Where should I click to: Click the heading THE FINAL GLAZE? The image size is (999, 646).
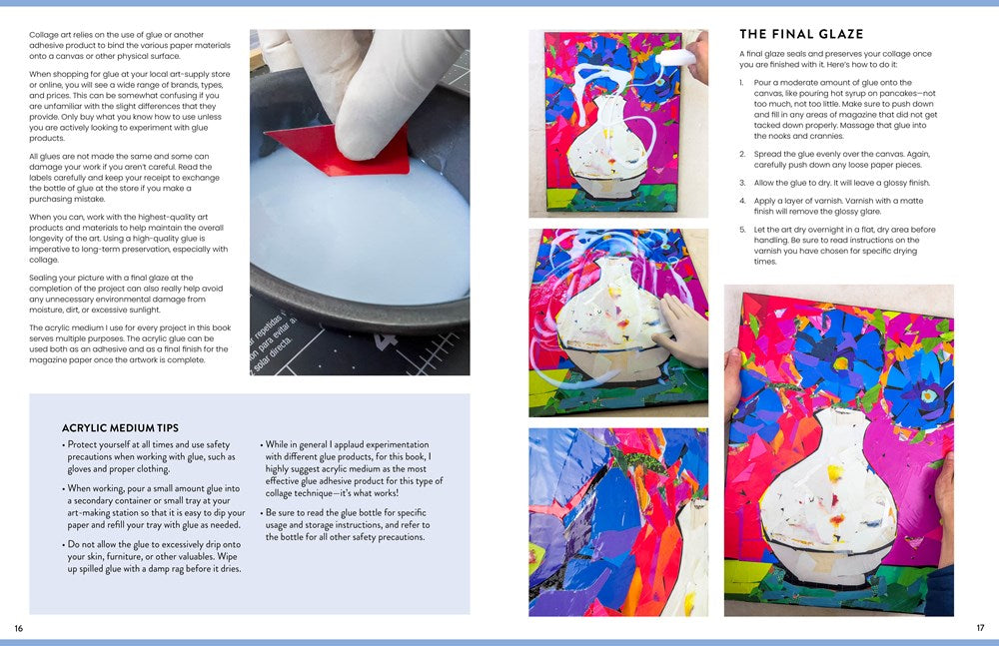pyautogui.click(x=801, y=34)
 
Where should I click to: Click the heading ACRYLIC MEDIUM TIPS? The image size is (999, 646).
pyautogui.click(x=120, y=428)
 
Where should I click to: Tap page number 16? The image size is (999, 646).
pyautogui.click(x=18, y=628)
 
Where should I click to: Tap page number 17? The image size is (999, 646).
pyautogui.click(x=980, y=627)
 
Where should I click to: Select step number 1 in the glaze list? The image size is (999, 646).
pyautogui.click(x=741, y=83)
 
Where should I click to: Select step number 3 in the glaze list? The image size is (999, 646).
pyautogui.click(x=742, y=183)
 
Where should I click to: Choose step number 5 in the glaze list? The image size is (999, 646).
pyautogui.click(x=742, y=230)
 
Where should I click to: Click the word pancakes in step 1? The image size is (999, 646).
pyautogui.click(x=899, y=93)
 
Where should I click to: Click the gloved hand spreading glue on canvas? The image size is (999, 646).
pyautogui.click(x=681, y=330)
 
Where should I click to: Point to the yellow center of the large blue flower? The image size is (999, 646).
pyautogui.click(x=841, y=363)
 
